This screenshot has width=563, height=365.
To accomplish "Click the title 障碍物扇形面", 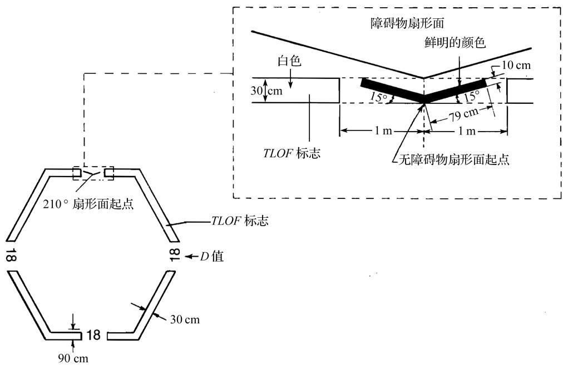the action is click(x=407, y=23).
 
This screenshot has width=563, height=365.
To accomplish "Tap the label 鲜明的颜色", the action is click(x=455, y=43).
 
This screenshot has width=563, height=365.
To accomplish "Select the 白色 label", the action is click(x=289, y=61).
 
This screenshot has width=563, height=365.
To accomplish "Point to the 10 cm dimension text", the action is click(x=516, y=65).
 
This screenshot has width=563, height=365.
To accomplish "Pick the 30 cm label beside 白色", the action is click(x=266, y=91).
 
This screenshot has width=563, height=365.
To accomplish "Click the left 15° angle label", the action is click(x=378, y=97).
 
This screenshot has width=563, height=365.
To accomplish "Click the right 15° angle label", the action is click(x=471, y=96).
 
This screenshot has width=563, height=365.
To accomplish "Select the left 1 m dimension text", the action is click(x=383, y=131).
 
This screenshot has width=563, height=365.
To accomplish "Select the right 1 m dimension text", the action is click(x=467, y=131).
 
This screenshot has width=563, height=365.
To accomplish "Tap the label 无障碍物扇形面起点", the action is click(x=454, y=159).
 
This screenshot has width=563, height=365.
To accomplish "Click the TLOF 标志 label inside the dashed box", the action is click(x=292, y=153).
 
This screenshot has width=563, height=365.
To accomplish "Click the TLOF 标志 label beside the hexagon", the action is click(x=239, y=221).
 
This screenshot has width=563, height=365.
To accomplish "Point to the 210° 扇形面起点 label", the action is click(x=88, y=204).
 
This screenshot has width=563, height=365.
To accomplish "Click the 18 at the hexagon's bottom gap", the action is click(x=93, y=335).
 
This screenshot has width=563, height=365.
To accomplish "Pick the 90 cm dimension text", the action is click(x=73, y=358).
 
